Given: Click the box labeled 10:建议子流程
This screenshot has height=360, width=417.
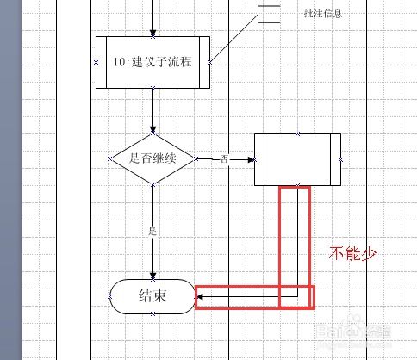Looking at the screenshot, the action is [152, 62].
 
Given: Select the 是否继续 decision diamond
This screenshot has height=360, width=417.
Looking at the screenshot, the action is [152, 158].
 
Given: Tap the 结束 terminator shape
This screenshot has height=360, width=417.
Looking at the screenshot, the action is [152, 296].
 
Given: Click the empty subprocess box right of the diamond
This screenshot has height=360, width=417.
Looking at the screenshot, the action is [297, 159].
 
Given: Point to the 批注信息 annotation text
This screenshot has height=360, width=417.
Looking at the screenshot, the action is [323, 14].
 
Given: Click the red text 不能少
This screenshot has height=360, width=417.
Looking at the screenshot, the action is [352, 253].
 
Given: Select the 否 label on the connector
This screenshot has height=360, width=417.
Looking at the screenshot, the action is [225, 158].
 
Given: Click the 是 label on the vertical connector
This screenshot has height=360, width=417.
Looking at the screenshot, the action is [152, 231].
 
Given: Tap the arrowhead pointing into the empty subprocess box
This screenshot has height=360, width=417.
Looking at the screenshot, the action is [252, 159].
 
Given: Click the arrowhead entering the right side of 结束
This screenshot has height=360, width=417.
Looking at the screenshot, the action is [200, 297].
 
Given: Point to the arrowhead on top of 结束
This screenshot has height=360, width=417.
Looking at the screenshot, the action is [153, 276].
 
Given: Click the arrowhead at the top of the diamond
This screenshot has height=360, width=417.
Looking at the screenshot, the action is [153, 129].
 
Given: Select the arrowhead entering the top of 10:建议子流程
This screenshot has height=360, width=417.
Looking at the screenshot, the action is [153, 33].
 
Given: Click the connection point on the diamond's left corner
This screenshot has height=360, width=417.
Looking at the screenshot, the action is [110, 158].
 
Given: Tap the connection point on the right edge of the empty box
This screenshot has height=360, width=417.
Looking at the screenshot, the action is [341, 159].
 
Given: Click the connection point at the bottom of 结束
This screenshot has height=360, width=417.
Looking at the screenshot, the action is [152, 314].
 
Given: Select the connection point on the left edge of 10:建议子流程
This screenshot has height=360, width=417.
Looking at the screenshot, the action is [96, 62].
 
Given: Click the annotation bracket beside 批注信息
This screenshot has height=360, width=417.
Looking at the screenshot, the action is [269, 14].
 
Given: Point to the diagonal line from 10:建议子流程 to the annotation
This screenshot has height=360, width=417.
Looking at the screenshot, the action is [234, 38].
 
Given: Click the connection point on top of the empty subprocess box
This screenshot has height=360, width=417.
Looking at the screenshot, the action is [298, 133].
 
